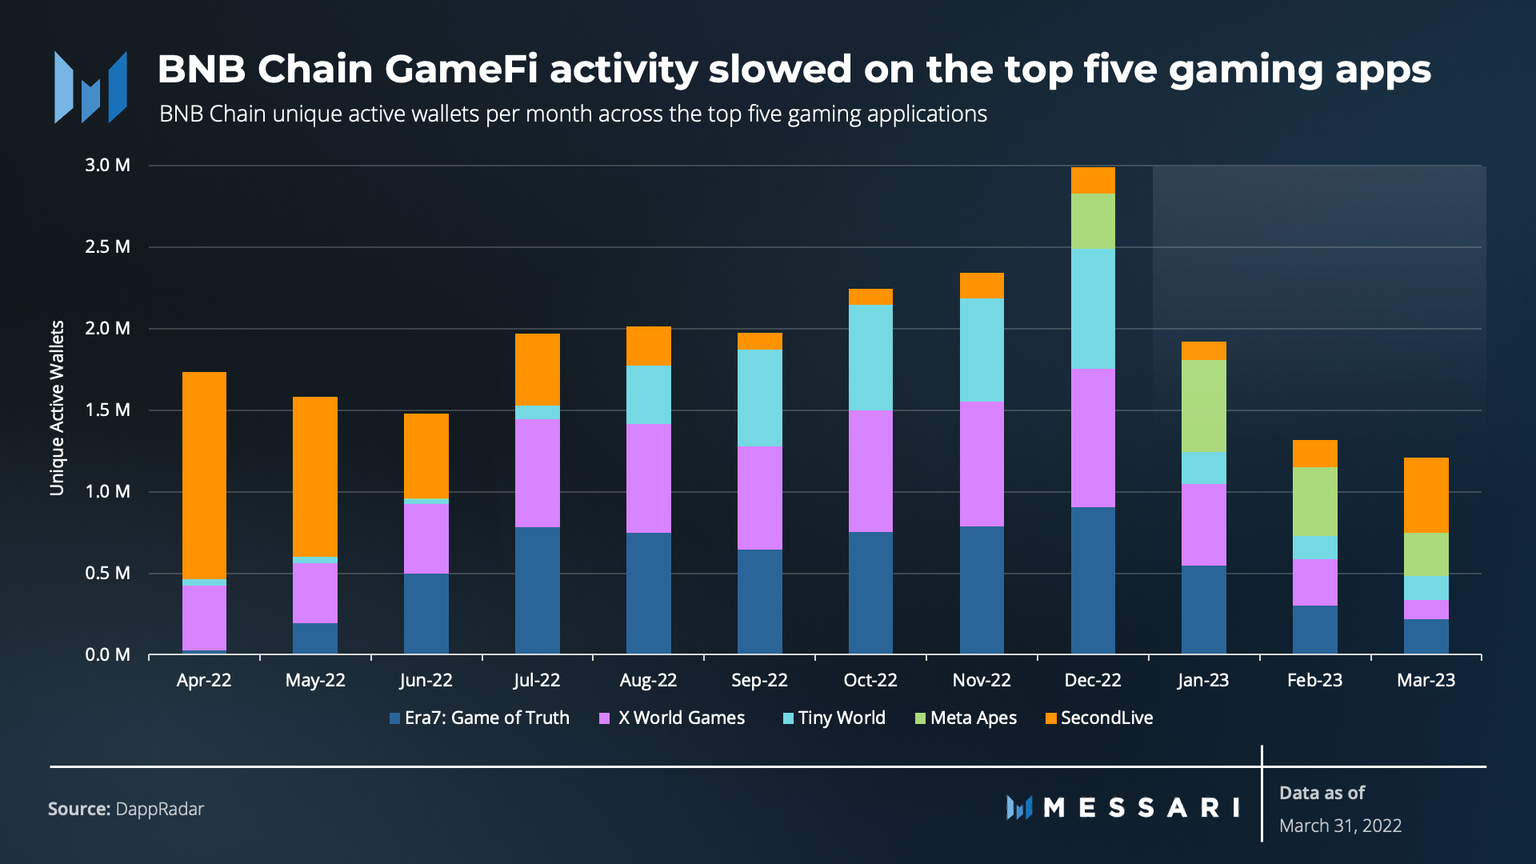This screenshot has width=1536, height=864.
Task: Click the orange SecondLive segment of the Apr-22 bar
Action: click(204, 475)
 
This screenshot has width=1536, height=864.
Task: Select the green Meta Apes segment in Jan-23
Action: click(1203, 406)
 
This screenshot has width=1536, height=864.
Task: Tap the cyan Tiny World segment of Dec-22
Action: click(1093, 309)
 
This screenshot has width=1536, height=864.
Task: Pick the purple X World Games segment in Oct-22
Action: click(870, 471)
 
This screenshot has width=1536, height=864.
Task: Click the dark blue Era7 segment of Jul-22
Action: click(537, 590)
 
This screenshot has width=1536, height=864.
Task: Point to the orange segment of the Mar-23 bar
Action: click(1426, 495)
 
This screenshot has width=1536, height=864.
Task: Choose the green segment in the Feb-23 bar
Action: click(1314, 502)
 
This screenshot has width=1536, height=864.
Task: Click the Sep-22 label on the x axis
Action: click(759, 680)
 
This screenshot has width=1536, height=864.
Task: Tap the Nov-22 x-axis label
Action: click(982, 680)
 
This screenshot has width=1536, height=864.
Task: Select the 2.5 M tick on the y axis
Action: click(107, 246)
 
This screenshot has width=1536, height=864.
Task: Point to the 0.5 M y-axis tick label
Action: click(107, 573)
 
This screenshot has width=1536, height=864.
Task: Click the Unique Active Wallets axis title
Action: click(57, 408)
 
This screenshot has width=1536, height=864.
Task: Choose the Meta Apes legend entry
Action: click(966, 718)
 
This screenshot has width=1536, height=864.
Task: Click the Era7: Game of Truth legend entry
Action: click(479, 718)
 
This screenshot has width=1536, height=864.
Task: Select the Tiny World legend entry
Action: click(834, 718)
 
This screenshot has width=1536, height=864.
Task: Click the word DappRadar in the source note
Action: click(160, 809)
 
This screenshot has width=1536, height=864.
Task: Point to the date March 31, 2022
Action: click(1340, 826)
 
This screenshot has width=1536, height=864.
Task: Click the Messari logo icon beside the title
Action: click(90, 87)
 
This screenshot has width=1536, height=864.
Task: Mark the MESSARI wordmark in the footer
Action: click(1140, 807)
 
